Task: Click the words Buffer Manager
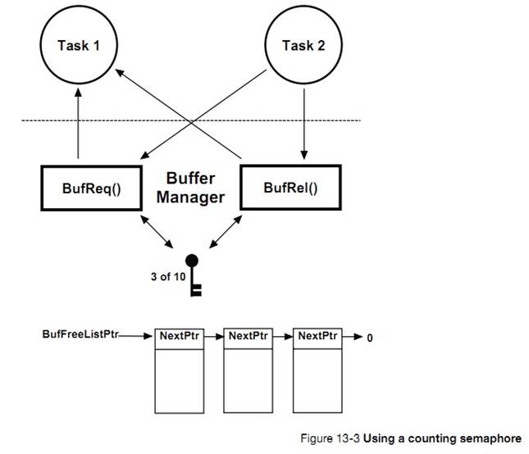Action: coord(190,187)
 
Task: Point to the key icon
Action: coord(194,275)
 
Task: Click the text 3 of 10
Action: coord(168,276)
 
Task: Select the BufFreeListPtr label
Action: coord(79,335)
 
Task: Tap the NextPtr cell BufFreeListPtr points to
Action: coord(179,336)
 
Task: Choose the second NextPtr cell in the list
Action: coord(248,336)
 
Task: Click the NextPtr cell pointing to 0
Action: coord(317,336)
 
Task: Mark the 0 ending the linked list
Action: coord(370,337)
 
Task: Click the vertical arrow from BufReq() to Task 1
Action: coord(79,123)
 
